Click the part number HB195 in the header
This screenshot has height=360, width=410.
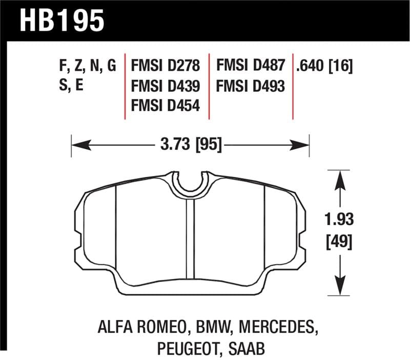[x=62, y=21]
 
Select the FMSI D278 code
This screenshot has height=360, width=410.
[x=166, y=66]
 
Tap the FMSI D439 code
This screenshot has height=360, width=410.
[x=166, y=86]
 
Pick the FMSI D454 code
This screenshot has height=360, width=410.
[x=166, y=106]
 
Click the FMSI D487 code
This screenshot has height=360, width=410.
[x=250, y=66]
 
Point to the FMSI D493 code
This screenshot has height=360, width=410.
[x=250, y=86]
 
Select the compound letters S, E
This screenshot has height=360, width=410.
[x=72, y=86]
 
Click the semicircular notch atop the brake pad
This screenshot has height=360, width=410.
[x=191, y=182]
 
